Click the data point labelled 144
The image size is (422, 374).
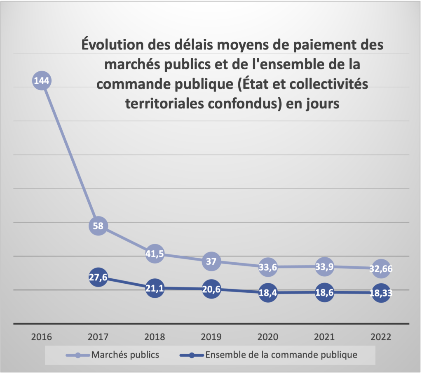(42, 81)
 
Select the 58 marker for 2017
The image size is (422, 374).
(98, 226)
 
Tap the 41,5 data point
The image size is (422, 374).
(155, 254)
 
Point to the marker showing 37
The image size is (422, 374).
(211, 261)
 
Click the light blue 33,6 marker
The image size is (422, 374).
(267, 267)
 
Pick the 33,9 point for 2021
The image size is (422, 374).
(324, 266)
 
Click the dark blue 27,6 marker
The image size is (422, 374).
(98, 277)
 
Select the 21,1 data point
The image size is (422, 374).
(155, 288)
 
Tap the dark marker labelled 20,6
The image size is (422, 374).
(211, 289)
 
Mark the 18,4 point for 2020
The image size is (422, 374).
(267, 293)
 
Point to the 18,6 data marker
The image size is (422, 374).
(324, 292)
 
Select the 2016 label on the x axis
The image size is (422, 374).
(42, 336)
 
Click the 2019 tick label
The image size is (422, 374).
(211, 336)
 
